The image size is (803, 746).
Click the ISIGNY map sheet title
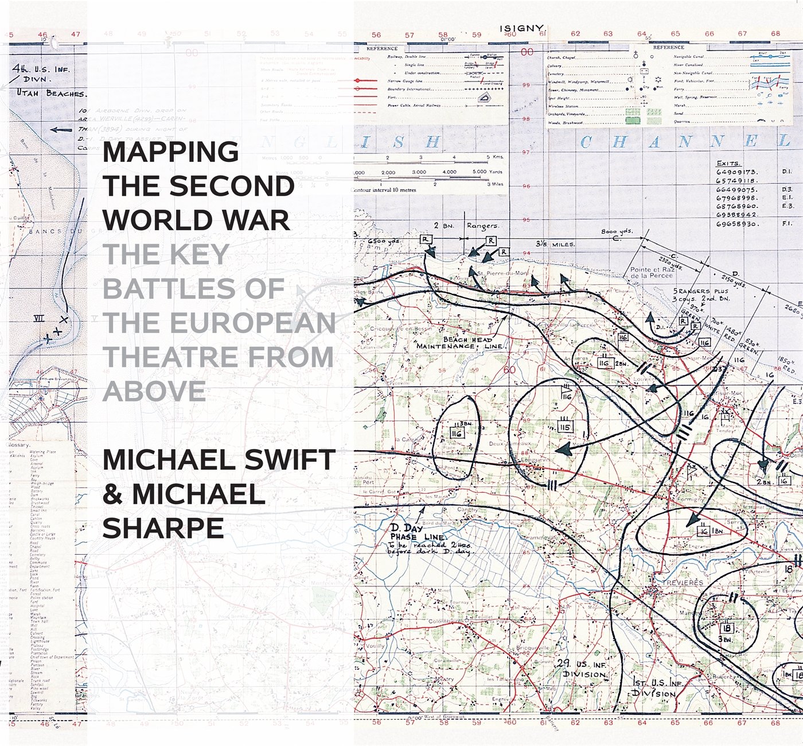[x=523, y=28]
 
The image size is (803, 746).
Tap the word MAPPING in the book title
[x=170, y=152]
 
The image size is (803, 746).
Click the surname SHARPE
[x=163, y=528]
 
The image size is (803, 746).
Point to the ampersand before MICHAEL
[x=113, y=494]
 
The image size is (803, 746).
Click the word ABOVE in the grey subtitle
[x=154, y=391]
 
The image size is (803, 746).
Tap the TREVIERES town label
[x=682, y=582]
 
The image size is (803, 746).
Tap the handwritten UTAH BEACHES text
[x=50, y=93]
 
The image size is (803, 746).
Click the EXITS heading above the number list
[x=728, y=163]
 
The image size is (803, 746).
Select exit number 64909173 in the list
[x=736, y=172]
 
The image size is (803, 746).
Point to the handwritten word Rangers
[x=482, y=226]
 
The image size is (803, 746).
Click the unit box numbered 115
[x=565, y=427]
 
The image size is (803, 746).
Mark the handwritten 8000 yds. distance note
[x=617, y=233]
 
